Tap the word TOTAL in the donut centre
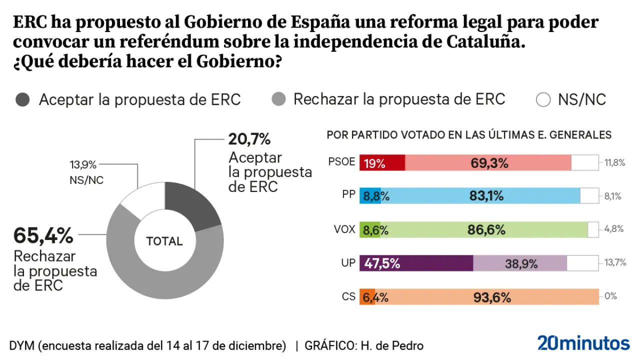click(164, 241)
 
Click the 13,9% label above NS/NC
click(83, 164)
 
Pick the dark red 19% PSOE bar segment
click(382, 162)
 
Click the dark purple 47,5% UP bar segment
click(416, 263)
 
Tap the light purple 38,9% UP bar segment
click(520, 263)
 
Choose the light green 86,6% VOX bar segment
click(484, 229)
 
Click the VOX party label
click(344, 229)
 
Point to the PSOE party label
click(342, 162)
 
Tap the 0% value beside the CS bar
click(610, 296)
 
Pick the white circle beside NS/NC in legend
click(543, 99)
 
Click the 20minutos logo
click(583, 343)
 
